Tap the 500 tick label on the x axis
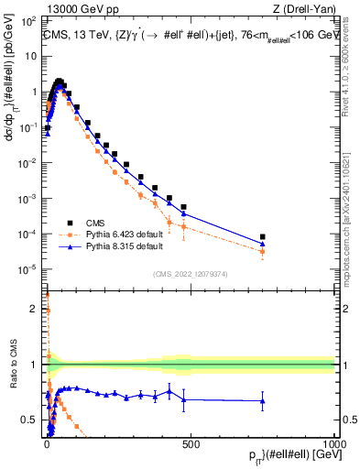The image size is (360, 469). click(191, 443)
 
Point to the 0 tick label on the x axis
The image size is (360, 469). click(47, 443)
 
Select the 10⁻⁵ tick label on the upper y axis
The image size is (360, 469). click(29, 268)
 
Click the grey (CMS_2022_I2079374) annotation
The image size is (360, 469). click(191, 273)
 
